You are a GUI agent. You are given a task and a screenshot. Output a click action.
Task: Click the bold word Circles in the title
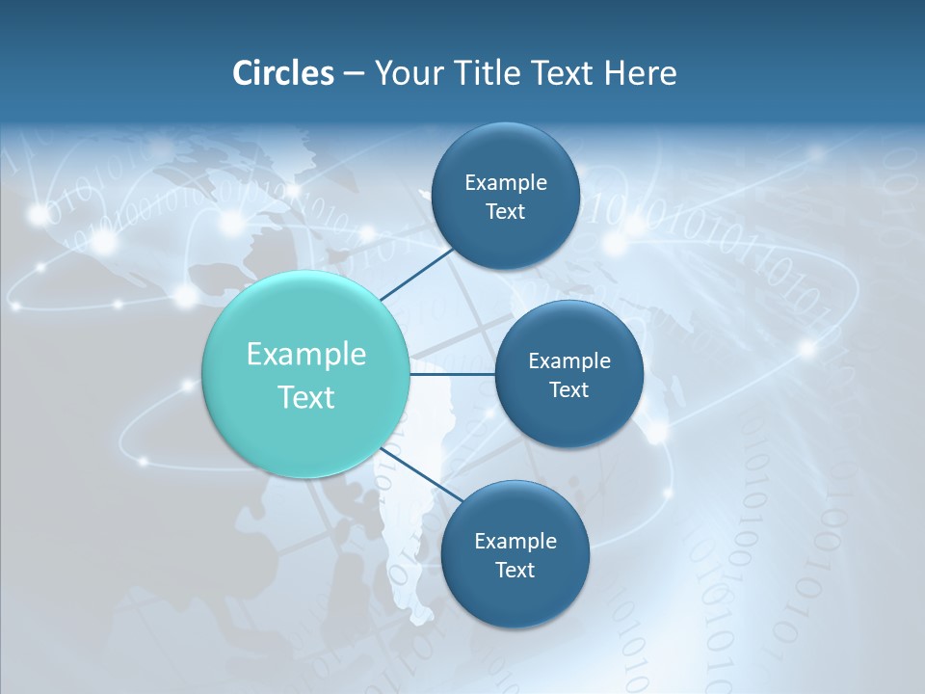tap(282, 73)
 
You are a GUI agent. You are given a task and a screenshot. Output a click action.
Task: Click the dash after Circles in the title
tap(354, 74)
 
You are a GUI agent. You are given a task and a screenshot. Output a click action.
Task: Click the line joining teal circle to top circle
tap(416, 273)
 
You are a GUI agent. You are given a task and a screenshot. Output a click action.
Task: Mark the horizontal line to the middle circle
tap(453, 374)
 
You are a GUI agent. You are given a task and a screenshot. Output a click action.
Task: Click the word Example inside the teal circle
tap(305, 355)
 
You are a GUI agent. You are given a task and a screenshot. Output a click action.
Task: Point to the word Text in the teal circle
tap(305, 397)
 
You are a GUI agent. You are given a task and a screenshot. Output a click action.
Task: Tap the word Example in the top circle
tap(506, 183)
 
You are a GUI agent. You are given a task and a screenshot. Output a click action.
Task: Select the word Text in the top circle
tap(506, 212)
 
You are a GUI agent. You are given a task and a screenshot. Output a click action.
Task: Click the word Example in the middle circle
tap(569, 361)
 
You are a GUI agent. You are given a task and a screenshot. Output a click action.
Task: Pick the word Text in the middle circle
tap(569, 390)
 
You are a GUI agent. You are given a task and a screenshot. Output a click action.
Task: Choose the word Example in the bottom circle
tap(515, 542)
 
